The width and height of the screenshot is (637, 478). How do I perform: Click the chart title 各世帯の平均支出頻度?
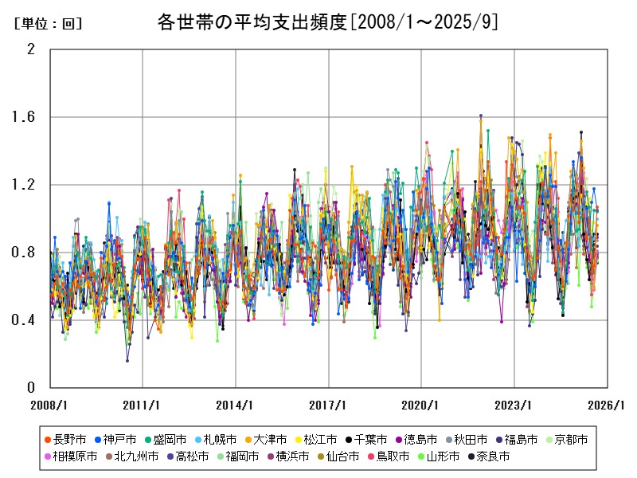[x=328, y=22]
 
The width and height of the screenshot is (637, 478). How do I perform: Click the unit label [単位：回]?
[x=49, y=24]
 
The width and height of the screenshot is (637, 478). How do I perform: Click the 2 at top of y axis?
[x=31, y=49]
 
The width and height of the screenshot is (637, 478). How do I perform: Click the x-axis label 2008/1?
[x=49, y=405]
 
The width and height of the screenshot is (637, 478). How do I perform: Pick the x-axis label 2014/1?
[x=236, y=405]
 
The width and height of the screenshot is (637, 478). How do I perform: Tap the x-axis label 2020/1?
[x=421, y=405]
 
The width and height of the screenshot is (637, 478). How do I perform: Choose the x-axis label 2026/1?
[x=607, y=405]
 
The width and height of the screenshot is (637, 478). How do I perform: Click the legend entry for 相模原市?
[x=75, y=456]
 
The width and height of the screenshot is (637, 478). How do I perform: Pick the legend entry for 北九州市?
[x=135, y=456]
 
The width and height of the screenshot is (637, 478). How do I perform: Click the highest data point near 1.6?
[x=480, y=116]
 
